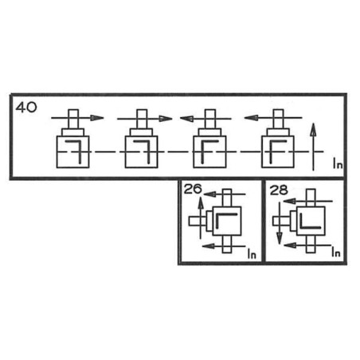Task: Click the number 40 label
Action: tap(26, 108)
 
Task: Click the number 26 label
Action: tap(193, 189)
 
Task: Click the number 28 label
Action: tap(279, 190)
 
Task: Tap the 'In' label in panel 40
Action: tap(338, 163)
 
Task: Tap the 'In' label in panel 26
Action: tap(252, 253)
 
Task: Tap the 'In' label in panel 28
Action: tap(336, 252)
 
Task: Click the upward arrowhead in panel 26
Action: tap(201, 202)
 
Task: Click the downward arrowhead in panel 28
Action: tap(279, 238)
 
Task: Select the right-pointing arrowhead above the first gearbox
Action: tap(97, 118)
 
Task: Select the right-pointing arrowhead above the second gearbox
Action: tap(166, 118)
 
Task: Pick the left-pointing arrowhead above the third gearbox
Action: tap(186, 118)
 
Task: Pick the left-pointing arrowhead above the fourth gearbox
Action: tap(251, 117)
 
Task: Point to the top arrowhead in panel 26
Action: tap(209, 194)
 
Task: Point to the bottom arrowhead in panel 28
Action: tap(290, 245)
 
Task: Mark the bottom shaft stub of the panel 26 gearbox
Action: tap(227, 244)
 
